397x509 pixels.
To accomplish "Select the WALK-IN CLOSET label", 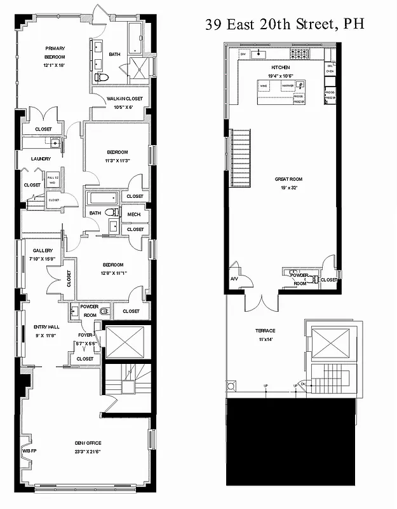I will tap(124, 99).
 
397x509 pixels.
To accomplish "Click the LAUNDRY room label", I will tap(33, 159).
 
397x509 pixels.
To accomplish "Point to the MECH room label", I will tap(134, 214).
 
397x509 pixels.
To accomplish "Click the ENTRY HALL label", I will tap(46, 327).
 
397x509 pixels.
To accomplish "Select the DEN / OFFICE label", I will tap(88, 443).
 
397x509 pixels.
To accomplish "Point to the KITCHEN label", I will tap(280, 67).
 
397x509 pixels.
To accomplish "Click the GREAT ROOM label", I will tap(287, 179).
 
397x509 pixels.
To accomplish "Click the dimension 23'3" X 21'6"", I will tap(88, 450).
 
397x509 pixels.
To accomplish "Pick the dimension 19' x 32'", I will tap(287, 188).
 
